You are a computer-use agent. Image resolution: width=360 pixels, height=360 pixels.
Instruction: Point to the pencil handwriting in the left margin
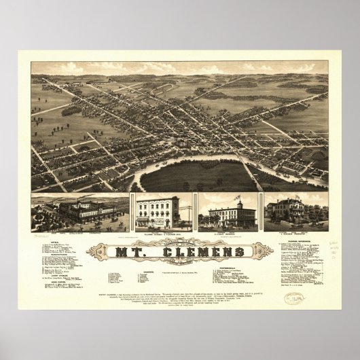click(x=41, y=238)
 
